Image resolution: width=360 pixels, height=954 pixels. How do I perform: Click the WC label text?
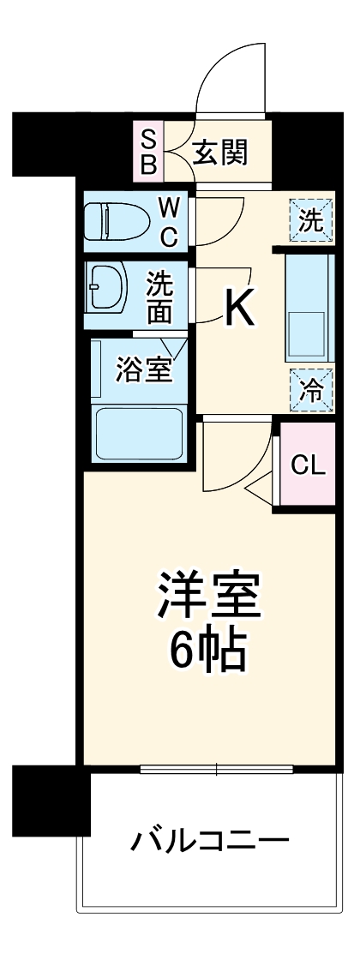tap(171, 222)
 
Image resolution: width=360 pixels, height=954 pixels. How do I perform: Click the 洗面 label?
tap(159, 296)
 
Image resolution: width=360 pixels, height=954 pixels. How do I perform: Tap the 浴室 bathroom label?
tap(143, 371)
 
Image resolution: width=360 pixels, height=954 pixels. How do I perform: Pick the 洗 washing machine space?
tap(310, 219)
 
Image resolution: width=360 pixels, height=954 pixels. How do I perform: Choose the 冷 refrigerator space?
tap(310, 389)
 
